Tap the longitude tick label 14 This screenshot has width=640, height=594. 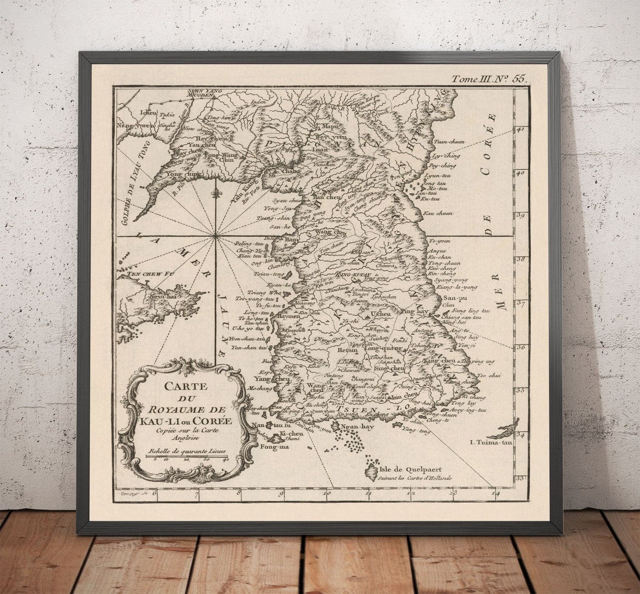click(495, 495)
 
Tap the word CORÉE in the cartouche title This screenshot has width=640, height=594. click(214, 420)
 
